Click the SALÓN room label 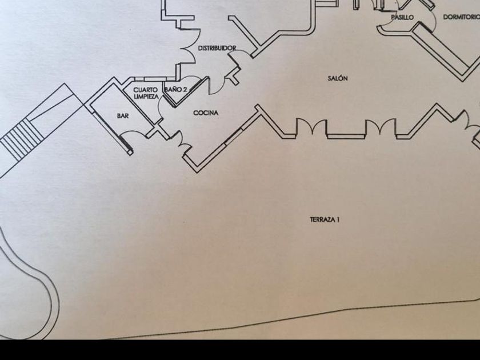[338, 78]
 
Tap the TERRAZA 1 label [325, 219]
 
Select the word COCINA [206, 113]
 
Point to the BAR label [123, 116]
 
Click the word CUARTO [145, 90]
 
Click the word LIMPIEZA [146, 97]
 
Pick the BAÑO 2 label [175, 90]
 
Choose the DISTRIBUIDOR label [217, 49]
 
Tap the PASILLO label [402, 18]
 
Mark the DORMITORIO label [461, 17]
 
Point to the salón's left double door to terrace [310, 127]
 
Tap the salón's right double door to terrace [380, 127]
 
